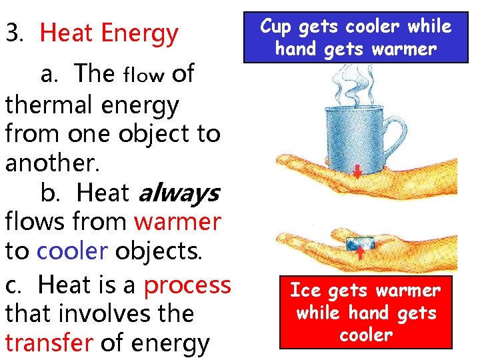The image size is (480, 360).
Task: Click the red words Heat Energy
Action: click(109, 33)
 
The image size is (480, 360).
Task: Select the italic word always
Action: click(178, 193)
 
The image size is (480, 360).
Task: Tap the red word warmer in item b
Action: click(177, 221)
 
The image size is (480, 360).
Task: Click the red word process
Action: click(187, 285)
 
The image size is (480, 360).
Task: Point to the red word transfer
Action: click(49, 342)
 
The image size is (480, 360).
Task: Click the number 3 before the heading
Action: click(12, 33)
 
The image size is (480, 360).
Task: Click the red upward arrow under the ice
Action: click(359, 251)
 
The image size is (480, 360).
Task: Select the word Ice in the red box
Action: click(305, 291)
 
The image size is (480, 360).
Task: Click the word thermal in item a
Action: click(43, 105)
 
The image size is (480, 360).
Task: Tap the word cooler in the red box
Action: click(365, 334)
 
